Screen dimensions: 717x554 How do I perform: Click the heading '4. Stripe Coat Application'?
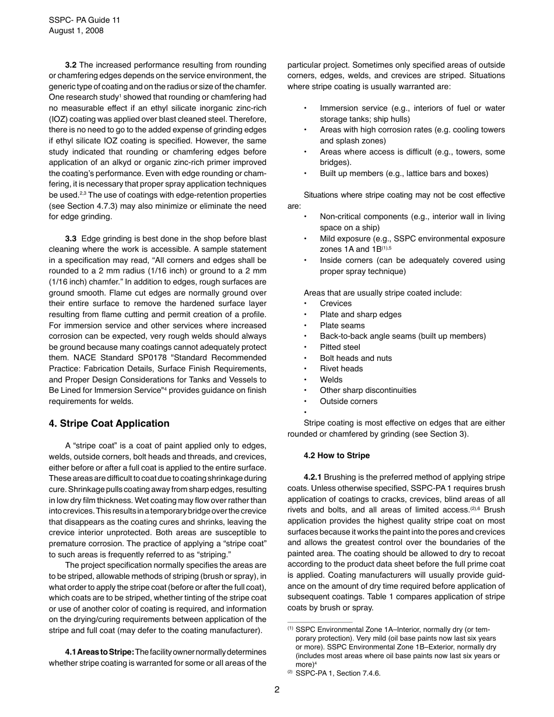pos(109,424)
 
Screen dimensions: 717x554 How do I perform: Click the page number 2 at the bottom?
pos(277,690)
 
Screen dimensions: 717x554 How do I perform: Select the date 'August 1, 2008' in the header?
pos(76,31)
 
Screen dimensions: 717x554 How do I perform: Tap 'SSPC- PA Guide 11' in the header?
pos(85,20)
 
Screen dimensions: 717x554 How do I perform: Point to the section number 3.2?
pos(71,65)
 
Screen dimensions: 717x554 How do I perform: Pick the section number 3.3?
pos(71,238)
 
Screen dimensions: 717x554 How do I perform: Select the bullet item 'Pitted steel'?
pos(340,347)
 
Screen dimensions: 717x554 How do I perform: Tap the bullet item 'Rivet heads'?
pos(341,368)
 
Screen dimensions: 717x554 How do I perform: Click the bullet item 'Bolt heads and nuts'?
pos(356,358)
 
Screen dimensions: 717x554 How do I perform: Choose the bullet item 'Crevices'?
pos(336,303)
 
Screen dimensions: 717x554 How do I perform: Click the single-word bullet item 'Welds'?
pos(331,379)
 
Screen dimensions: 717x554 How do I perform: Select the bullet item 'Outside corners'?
pos(348,401)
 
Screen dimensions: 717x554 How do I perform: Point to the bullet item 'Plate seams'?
pos(342,325)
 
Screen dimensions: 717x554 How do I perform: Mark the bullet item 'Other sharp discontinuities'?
pos(368,390)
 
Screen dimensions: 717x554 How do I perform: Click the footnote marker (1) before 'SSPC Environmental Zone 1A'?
pos(290,629)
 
